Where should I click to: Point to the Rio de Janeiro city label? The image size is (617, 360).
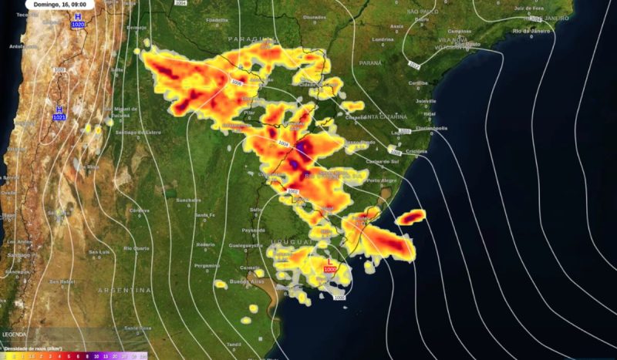(x=531, y=32)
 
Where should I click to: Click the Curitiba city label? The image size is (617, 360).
(x=418, y=82)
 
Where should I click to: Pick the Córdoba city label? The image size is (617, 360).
(x=139, y=210)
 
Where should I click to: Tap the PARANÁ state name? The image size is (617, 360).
(x=370, y=62)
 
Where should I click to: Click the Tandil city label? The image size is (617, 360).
(x=234, y=344)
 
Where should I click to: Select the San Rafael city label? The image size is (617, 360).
(x=62, y=281)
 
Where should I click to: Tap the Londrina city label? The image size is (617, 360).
(x=383, y=39)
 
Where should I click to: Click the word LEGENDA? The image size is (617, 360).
(x=14, y=335)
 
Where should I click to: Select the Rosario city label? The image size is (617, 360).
(x=205, y=244)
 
